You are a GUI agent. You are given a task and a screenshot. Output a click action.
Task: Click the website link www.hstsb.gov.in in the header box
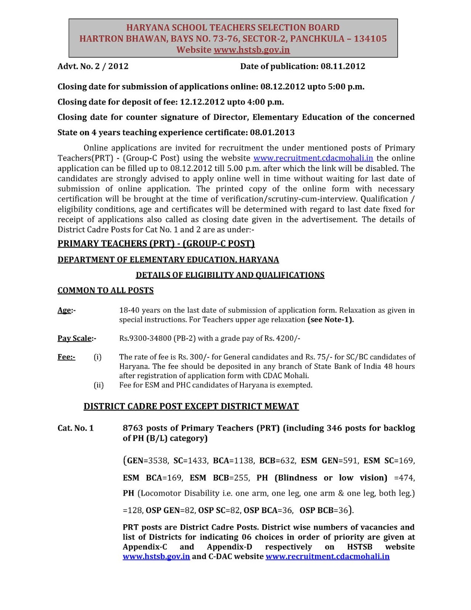(x=252, y=50)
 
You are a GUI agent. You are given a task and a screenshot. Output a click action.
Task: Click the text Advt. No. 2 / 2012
(x=93, y=66)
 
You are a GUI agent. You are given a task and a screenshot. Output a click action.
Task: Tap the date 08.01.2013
(x=272, y=132)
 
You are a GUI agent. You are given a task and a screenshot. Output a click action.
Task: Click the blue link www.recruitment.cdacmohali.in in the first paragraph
(x=313, y=158)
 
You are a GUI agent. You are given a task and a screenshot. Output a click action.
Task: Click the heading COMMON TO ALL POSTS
(x=106, y=291)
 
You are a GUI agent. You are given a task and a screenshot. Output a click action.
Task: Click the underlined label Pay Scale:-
(x=77, y=338)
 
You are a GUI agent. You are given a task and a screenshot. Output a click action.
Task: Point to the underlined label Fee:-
(x=66, y=357)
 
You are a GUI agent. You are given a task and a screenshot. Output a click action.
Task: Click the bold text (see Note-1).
(x=330, y=320)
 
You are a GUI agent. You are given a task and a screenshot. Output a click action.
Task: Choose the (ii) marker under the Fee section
(x=98, y=385)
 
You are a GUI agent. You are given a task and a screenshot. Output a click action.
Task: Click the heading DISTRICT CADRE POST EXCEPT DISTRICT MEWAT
(x=191, y=406)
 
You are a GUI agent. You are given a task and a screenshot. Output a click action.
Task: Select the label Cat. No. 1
(x=75, y=428)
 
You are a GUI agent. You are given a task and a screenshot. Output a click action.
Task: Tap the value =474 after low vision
(x=404, y=478)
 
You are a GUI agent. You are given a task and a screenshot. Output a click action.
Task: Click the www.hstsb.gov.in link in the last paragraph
(x=156, y=557)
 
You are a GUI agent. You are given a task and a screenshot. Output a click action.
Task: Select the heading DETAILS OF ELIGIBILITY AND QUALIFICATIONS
(x=230, y=275)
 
